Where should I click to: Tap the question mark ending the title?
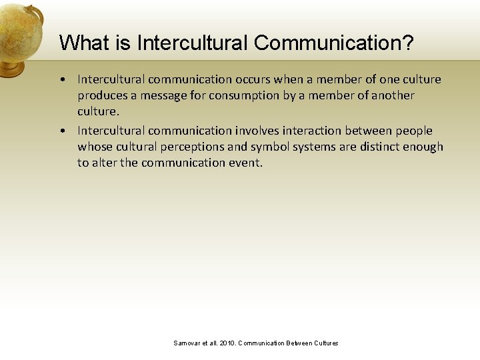407,43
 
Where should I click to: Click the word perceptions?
189,147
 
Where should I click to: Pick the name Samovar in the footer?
187,343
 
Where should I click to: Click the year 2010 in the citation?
225,343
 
